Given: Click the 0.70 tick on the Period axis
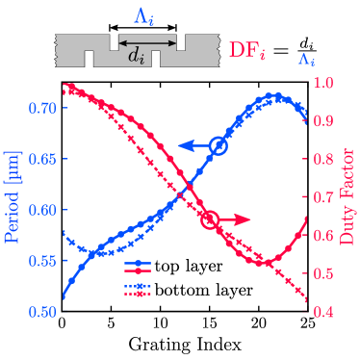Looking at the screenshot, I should point(42,107).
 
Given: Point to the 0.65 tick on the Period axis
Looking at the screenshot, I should point(42,158).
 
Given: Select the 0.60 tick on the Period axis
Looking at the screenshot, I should point(42,209).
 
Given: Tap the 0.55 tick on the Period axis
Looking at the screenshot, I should point(42,260).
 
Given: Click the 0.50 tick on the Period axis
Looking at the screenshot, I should point(42,311).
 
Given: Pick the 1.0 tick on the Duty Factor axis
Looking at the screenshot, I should point(323,83).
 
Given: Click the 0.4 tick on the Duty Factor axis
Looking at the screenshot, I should point(323,311).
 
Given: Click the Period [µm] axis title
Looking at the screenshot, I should point(12,197).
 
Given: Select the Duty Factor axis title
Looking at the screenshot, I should point(349,197).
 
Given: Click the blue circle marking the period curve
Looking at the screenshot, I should point(219,146).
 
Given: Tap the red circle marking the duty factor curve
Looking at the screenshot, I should point(211,220).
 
